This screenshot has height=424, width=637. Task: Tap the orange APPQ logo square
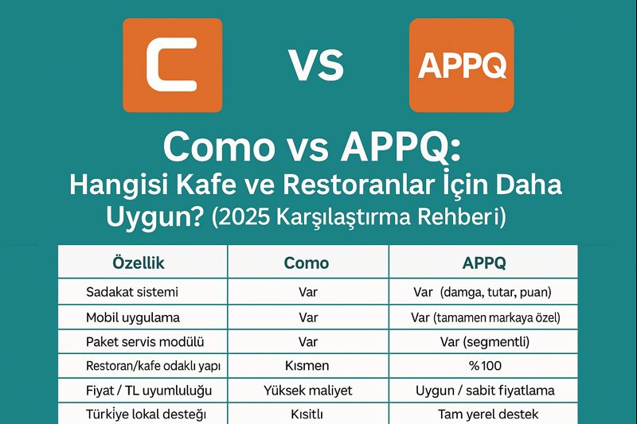[x=461, y=64]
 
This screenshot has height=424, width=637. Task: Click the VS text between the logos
[x=316, y=66]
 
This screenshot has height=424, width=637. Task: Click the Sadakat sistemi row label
[x=132, y=292]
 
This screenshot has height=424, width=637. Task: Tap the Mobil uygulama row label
[x=133, y=317]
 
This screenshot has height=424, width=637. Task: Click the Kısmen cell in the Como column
[x=307, y=366]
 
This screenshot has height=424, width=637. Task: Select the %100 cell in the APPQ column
[x=484, y=366]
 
